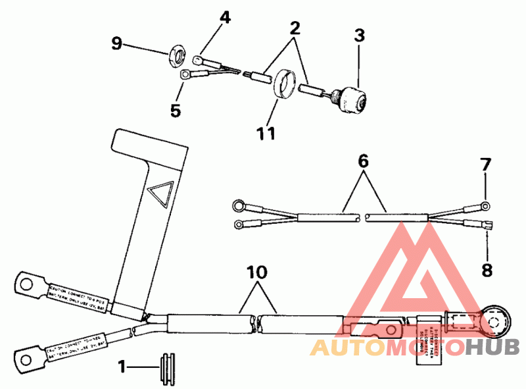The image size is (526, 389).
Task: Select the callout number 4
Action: pyautogui.click(x=225, y=17)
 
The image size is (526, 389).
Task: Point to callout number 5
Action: pyautogui.click(x=175, y=110)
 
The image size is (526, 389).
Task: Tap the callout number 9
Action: pyautogui.click(x=116, y=44)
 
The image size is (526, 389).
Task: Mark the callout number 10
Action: pyautogui.click(x=258, y=271)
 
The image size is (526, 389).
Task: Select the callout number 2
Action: pyautogui.click(x=295, y=28)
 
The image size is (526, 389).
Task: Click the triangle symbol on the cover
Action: pyautogui.click(x=160, y=195)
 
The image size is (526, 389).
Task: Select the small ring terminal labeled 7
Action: pyautogui.click(x=485, y=206)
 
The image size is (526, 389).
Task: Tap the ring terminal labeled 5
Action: pyautogui.click(x=186, y=75)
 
